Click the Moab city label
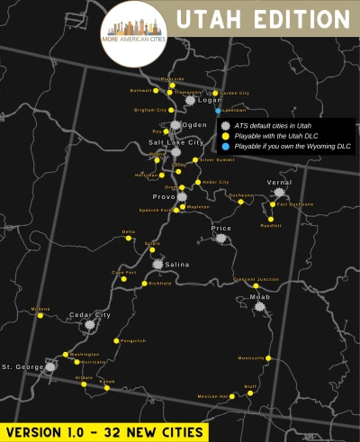click(x=258, y=296)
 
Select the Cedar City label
click(x=90, y=315)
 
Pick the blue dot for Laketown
click(x=219, y=110)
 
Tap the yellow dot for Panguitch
click(x=117, y=340)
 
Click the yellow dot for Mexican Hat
click(x=232, y=395)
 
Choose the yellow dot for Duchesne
click(x=240, y=202)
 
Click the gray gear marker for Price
click(x=220, y=239)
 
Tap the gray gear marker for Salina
click(x=158, y=264)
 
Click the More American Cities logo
click(x=136, y=32)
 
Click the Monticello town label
click(x=251, y=358)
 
